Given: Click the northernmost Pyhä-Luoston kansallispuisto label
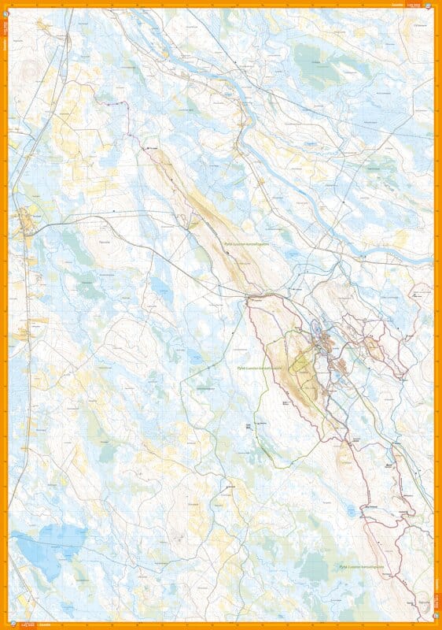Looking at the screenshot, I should click(x=246, y=245).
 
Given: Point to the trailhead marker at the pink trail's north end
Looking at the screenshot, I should click(x=146, y=147).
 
